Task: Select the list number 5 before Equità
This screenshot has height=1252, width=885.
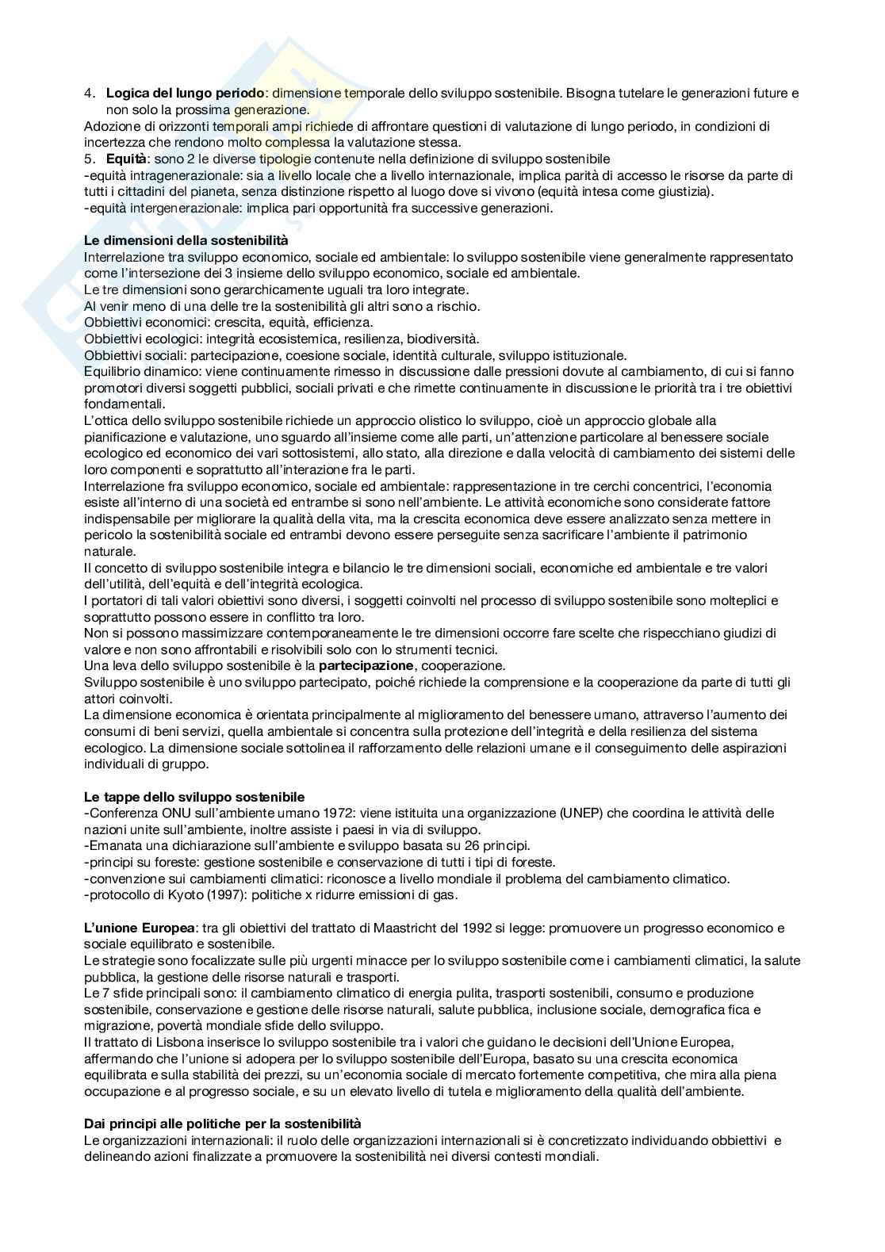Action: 89,159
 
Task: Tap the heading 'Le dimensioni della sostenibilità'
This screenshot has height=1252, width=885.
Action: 186,240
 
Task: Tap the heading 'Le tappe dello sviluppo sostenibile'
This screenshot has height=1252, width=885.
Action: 194,797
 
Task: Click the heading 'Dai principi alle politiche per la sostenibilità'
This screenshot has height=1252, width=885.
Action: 222,1124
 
